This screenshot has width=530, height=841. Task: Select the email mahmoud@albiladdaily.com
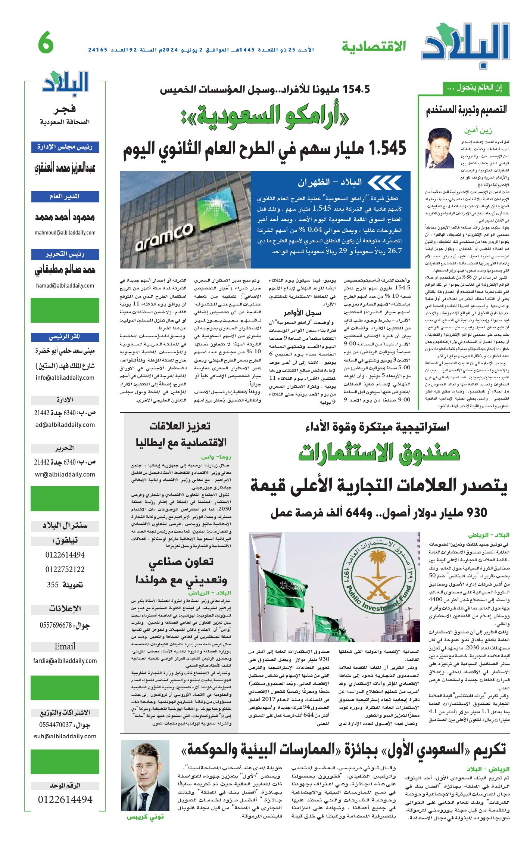click(65, 233)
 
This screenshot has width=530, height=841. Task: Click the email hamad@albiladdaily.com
click(65, 286)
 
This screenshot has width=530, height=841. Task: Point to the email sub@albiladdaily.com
click(65, 736)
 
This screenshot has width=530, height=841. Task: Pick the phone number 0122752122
click(65, 570)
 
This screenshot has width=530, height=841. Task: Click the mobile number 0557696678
click(56, 625)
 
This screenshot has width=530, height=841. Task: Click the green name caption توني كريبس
click(145, 817)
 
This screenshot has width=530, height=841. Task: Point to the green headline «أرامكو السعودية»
click(265, 116)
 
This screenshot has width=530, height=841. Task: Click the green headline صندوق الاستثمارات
click(378, 452)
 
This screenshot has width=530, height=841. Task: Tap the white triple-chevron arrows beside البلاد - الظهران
click(384, 182)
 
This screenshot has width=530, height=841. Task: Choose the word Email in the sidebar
click(65, 646)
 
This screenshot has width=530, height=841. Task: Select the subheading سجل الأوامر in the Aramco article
click(302, 313)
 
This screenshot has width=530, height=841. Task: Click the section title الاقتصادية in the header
click(374, 47)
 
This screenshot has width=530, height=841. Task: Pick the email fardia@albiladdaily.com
click(65, 661)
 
